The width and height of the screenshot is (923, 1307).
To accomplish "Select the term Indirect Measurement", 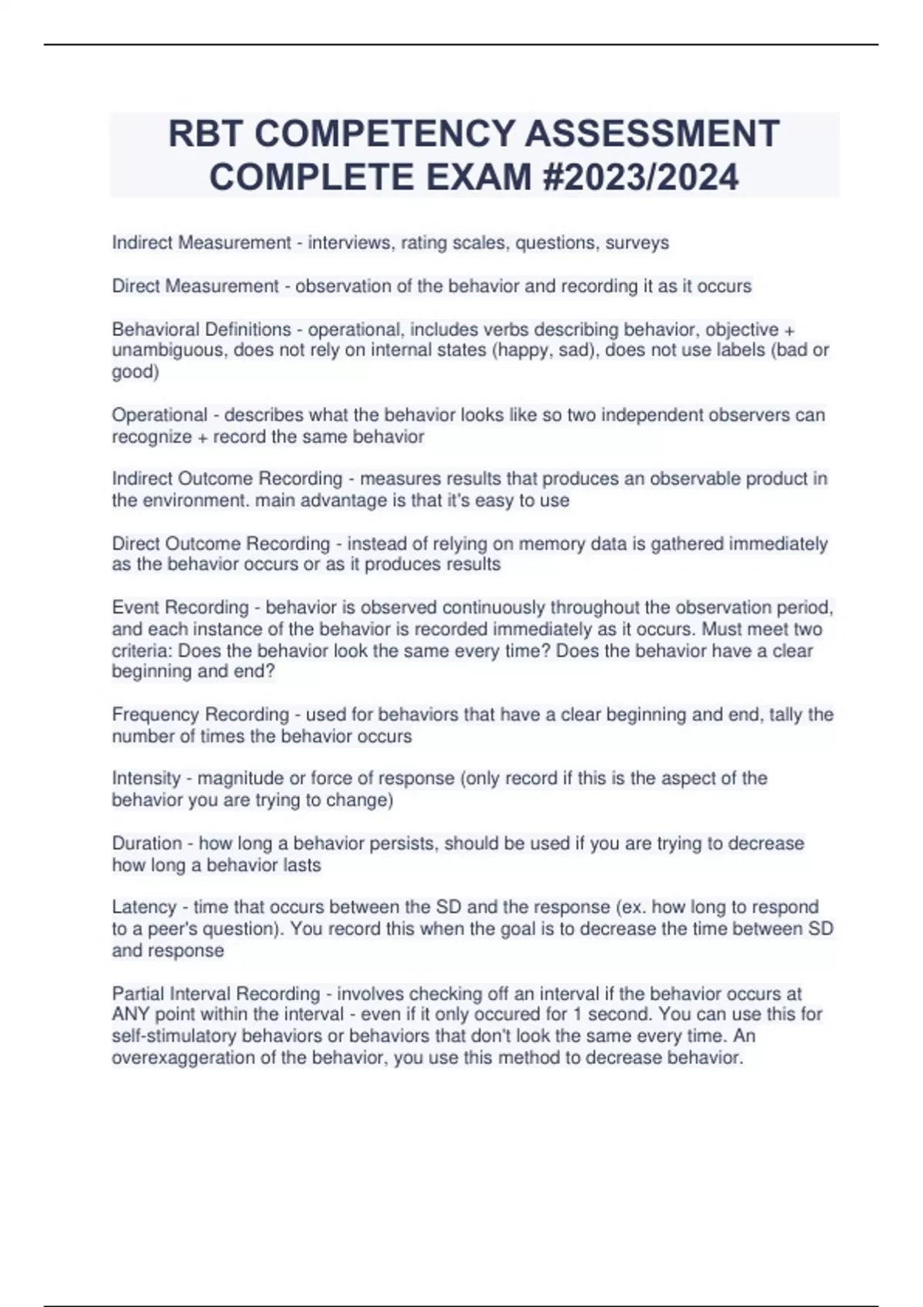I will (x=202, y=243).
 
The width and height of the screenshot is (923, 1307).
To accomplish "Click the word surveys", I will (x=637, y=243).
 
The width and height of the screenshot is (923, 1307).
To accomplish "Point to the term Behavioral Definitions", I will (x=202, y=330).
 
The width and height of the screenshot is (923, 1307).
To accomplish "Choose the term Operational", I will (x=160, y=415).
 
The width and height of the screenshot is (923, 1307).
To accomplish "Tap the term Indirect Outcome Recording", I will (x=227, y=479).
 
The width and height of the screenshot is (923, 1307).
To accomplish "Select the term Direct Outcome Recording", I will (x=221, y=544).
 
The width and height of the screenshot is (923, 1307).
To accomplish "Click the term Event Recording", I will (x=180, y=607).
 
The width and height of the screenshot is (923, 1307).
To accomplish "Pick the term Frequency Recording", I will (x=200, y=715).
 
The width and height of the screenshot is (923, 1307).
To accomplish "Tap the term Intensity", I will (x=146, y=778).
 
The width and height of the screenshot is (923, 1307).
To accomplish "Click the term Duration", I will (x=147, y=843).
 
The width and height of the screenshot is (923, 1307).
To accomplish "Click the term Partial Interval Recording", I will (x=215, y=994).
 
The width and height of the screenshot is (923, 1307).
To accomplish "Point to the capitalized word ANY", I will (x=131, y=1015).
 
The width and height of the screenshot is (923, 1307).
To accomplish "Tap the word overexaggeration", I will (x=193, y=1058).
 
